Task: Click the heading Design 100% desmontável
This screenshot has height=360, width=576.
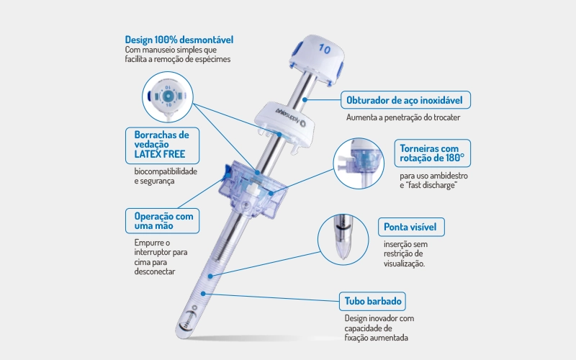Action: (179, 40)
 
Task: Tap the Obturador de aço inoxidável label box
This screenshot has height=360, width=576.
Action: (405, 100)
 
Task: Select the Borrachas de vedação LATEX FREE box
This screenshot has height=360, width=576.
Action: (163, 145)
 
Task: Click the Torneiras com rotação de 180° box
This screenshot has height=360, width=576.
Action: (433, 153)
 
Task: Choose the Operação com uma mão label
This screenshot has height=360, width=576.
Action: (163, 221)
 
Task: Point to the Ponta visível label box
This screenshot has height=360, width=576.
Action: (411, 227)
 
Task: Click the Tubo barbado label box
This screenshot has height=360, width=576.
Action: (372, 301)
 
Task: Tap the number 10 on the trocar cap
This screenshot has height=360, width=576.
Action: (325, 49)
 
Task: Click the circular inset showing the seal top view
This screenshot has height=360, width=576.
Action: (168, 97)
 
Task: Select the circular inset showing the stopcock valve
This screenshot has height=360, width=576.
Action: (359, 163)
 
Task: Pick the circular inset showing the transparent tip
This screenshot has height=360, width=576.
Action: (343, 240)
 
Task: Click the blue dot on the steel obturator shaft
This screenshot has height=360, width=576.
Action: (305, 99)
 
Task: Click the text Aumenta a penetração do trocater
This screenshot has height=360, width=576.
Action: (403, 117)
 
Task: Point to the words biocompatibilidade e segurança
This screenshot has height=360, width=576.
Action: (166, 176)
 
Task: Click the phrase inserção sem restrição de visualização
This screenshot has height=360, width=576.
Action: (405, 254)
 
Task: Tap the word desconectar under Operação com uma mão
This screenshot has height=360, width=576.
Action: (155, 271)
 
